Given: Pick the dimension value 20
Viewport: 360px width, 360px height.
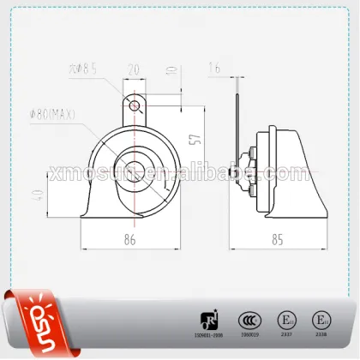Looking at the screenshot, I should [x=134, y=68].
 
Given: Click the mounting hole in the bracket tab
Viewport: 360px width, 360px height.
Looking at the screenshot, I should [x=134, y=105].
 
